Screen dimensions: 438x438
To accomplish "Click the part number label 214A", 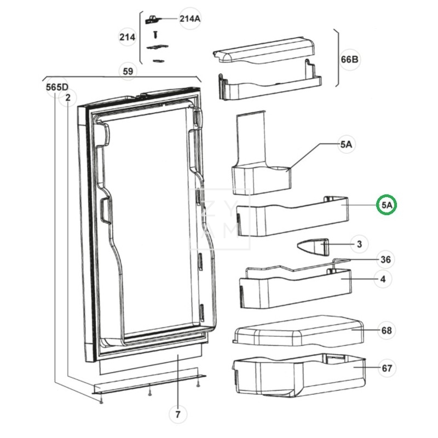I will [x=190, y=19].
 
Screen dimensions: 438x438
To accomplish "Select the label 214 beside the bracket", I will [x=127, y=37].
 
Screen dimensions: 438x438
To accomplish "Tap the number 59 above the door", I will [x=128, y=70].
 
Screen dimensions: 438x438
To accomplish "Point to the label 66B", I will [x=350, y=60].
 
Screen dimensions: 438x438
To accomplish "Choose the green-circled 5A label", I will [x=388, y=205].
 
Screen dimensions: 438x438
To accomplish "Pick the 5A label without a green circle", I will [x=345, y=145].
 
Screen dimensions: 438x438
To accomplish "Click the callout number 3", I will [x=359, y=244].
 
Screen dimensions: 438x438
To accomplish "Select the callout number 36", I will [x=385, y=260].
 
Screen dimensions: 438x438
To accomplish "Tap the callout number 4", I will [x=383, y=279].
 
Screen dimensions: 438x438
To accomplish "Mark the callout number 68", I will [x=387, y=330].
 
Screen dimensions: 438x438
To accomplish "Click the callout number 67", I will [x=387, y=368].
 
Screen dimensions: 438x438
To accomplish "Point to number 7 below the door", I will [x=177, y=414].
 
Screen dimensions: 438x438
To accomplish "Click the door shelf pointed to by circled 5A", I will [x=290, y=215].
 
